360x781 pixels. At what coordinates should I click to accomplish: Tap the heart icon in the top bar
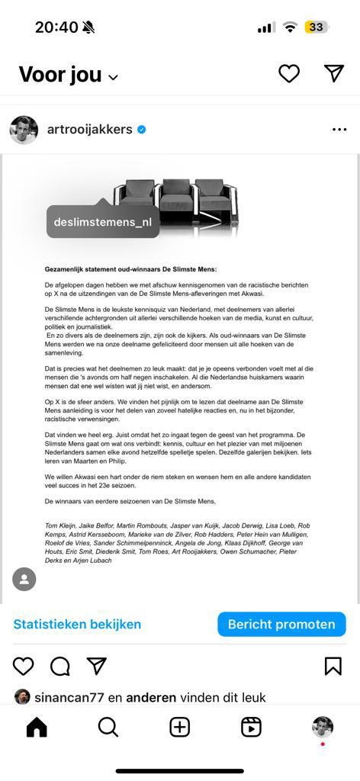[x=288, y=73]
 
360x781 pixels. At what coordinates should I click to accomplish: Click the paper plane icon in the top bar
[x=334, y=73]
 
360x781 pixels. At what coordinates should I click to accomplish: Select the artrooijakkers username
[x=90, y=130]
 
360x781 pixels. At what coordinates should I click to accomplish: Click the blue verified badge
[x=142, y=130]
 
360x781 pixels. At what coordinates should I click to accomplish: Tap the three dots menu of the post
[x=339, y=130]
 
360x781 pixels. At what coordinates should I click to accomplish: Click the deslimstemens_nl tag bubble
[x=103, y=222]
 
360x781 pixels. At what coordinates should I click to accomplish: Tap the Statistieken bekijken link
[x=77, y=624]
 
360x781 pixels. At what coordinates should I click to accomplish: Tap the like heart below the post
[x=24, y=666]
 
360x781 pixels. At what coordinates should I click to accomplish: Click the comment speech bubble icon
[x=59, y=666]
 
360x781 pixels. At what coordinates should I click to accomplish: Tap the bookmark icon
[x=333, y=666]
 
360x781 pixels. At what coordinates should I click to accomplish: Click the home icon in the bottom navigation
[x=37, y=728]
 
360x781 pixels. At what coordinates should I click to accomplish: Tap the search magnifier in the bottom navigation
[x=108, y=728]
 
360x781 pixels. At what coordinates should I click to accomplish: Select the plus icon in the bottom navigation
[x=180, y=728]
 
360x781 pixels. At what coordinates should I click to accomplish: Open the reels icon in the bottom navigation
[x=251, y=728]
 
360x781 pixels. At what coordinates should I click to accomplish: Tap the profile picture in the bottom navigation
[x=323, y=727]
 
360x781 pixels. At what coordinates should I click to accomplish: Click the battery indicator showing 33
[x=316, y=27]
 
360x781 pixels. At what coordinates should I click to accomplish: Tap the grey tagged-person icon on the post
[x=24, y=579]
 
